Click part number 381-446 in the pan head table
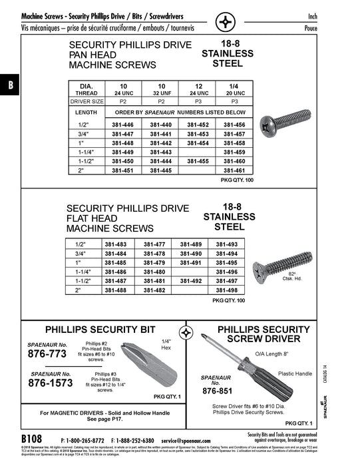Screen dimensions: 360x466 122,125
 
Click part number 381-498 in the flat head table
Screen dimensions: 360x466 231,291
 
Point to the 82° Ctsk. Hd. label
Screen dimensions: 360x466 291,276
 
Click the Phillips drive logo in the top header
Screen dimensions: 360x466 226,22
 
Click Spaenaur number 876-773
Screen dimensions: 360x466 47,355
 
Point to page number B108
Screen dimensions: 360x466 31,440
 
